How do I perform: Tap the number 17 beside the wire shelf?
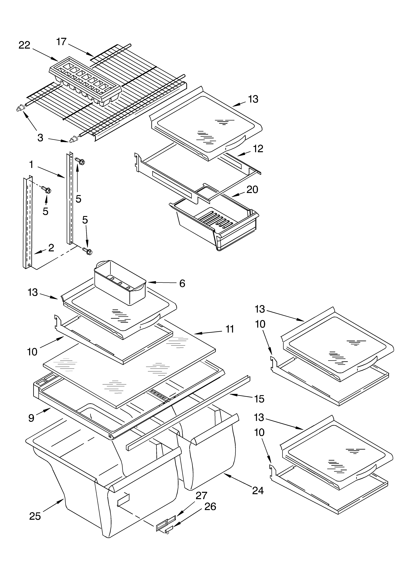tap(61, 42)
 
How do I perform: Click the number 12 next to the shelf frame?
tap(258, 149)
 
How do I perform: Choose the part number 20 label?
tap(252, 190)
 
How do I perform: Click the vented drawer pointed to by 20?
tap(215, 222)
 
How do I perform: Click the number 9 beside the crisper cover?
tap(31, 418)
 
